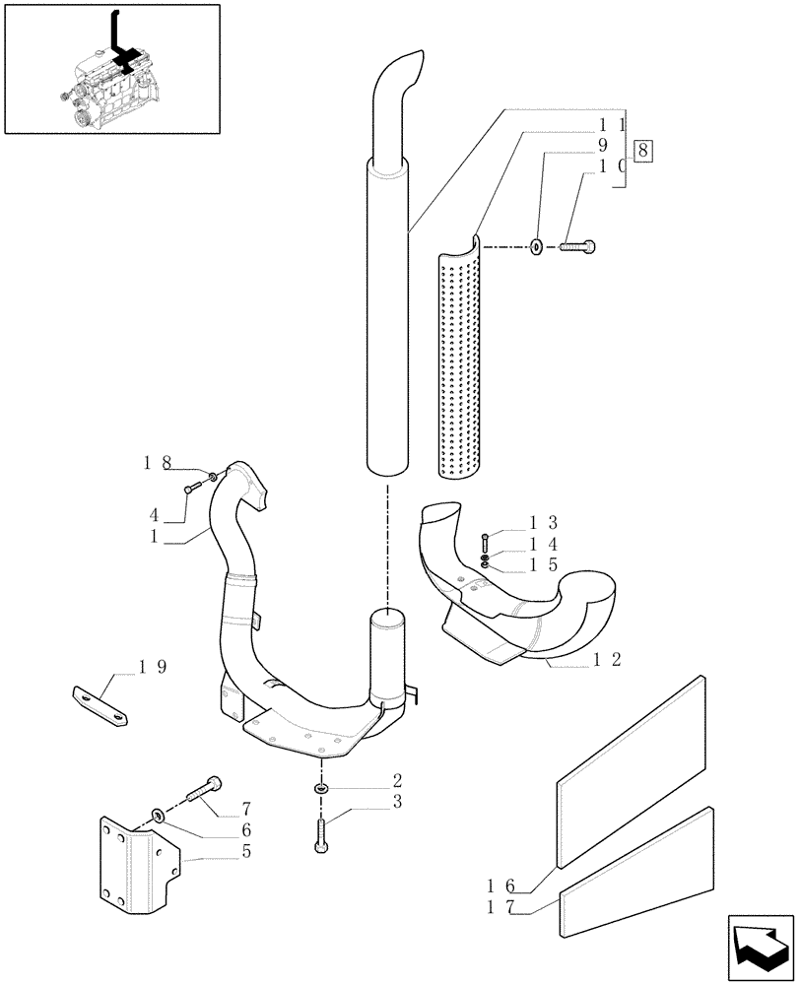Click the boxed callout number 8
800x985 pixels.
643,151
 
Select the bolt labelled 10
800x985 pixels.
577,246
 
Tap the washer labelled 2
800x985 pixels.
321,788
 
